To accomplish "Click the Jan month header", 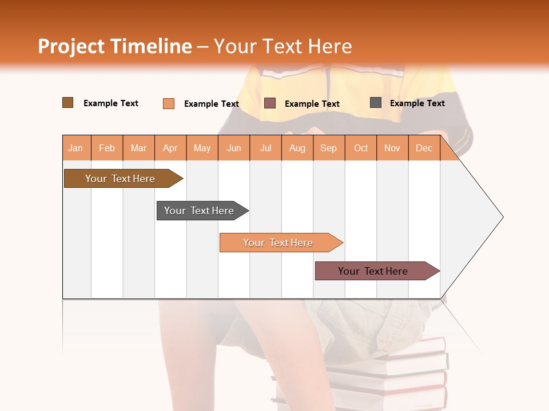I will point(75,148).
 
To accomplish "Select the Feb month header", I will point(107,148).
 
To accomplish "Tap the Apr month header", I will point(170,148).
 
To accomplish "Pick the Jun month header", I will point(234,148).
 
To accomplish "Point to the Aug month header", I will point(297,148).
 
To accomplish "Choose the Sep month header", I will point(329,148).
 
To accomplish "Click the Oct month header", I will point(361,148).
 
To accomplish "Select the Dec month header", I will point(424,148).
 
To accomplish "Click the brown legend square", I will point(67,103).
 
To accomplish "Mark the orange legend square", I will point(168,103).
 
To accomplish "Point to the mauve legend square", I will point(270,103).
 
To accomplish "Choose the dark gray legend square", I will point(376,103).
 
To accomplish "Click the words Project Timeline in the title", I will point(115,46).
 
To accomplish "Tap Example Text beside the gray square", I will point(417,103).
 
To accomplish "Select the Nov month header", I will point(392,148).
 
